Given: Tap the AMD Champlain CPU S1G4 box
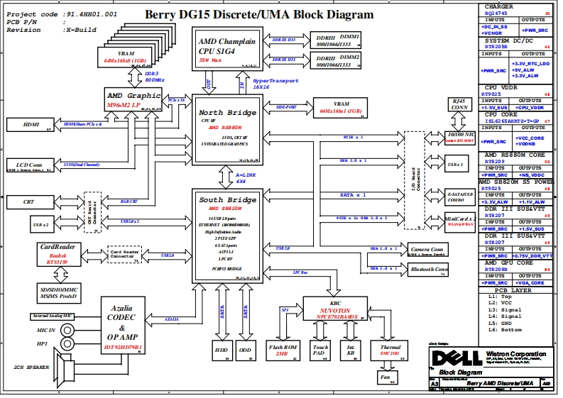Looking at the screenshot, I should pyautogui.click(x=226, y=48).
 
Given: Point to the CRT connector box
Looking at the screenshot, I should pyautogui.click(x=29, y=202).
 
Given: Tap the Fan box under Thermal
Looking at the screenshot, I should pyautogui.click(x=384, y=379).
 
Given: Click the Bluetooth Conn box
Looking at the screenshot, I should pyautogui.click(x=428, y=270).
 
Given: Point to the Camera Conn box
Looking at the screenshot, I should pyautogui.click(x=428, y=250).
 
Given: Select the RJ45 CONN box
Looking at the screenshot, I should pyautogui.click(x=458, y=106).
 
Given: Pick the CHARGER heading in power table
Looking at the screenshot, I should pyautogui.click(x=498, y=7).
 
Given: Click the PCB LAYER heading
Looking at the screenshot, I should pyautogui.click(x=514, y=290).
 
